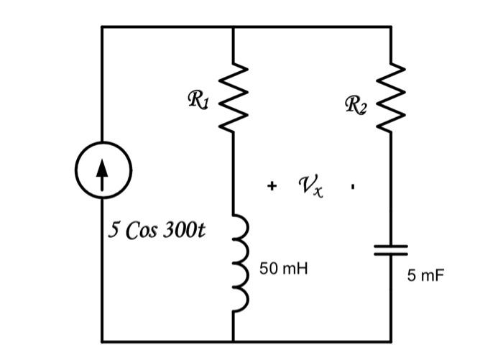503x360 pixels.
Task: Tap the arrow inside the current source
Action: (x=102, y=174)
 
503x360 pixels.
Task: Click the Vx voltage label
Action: (x=310, y=187)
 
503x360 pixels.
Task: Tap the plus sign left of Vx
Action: (x=272, y=187)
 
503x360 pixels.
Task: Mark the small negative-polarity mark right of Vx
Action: (x=352, y=187)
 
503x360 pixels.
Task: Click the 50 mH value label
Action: (x=284, y=268)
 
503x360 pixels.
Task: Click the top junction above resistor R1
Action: (x=234, y=27)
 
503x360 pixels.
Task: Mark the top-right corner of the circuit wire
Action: (x=392, y=27)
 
